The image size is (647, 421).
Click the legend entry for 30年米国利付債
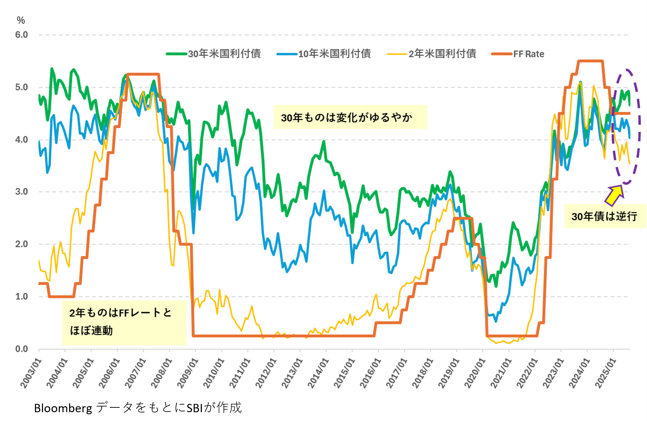pos(214,54)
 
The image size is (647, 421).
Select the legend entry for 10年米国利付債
pos(324,54)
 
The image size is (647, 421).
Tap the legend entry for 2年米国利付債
pos(432,54)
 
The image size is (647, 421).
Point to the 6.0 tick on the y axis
pos(21,35)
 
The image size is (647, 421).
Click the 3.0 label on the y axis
pos(21,192)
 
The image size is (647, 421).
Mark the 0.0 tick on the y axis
pos(21,349)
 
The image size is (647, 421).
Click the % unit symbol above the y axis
pos(21,20)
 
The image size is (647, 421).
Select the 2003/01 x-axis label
pos(31,373)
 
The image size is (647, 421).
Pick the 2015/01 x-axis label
pos(344,373)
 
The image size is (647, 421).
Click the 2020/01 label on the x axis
pos(475,373)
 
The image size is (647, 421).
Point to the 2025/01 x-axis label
pos(605,373)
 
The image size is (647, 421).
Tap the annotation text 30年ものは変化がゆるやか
pos(347,118)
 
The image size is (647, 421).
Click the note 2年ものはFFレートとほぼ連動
pos(121,322)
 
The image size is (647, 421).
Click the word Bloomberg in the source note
pos(63,408)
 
